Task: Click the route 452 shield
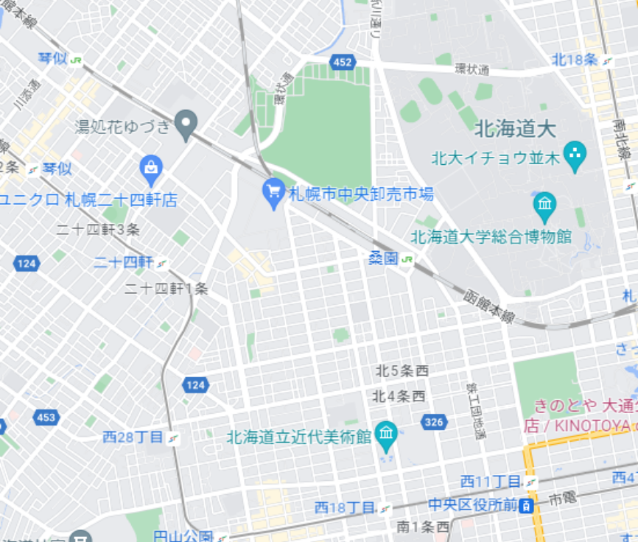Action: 341,62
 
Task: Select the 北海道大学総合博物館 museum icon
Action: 545,206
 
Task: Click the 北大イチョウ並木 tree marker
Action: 574,155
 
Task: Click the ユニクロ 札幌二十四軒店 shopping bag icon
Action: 151,170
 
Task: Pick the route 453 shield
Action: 45,418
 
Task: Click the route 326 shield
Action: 434,422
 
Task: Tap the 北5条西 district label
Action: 402,370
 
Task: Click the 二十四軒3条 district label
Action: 98,229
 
